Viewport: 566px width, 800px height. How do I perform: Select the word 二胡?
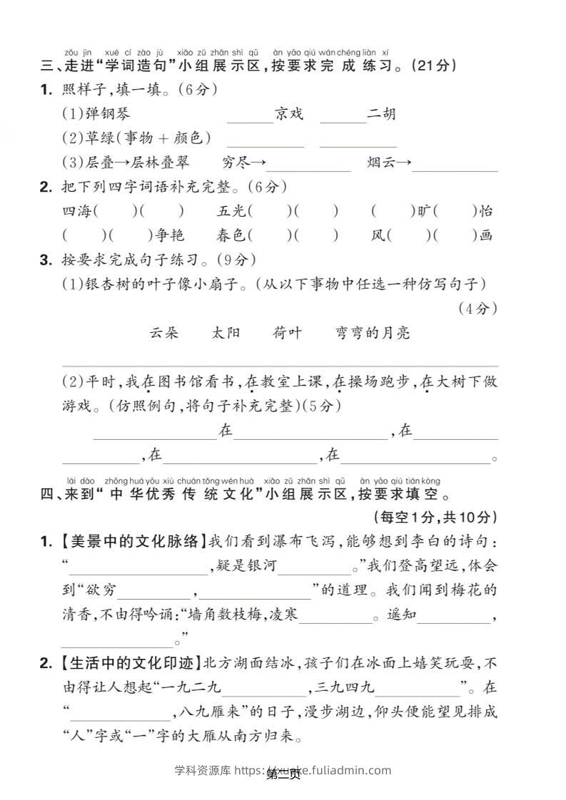381,114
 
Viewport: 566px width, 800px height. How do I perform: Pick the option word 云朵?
164,333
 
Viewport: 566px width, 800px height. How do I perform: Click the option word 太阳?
226,333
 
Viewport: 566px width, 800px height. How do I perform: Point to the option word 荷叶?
287,333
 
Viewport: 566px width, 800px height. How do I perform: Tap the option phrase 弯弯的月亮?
373,333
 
